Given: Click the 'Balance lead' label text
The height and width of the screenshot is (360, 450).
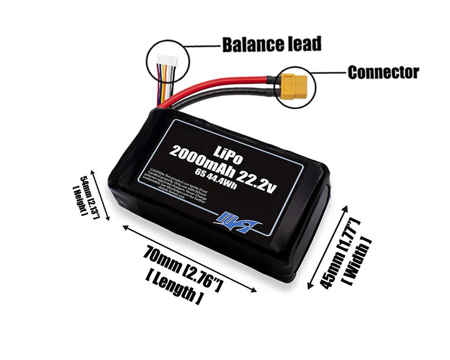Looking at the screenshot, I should pyautogui.click(x=272, y=44).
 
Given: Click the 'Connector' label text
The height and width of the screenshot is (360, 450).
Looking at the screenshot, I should pyautogui.click(x=383, y=72).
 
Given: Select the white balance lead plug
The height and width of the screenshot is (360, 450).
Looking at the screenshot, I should pyautogui.click(x=167, y=62).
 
